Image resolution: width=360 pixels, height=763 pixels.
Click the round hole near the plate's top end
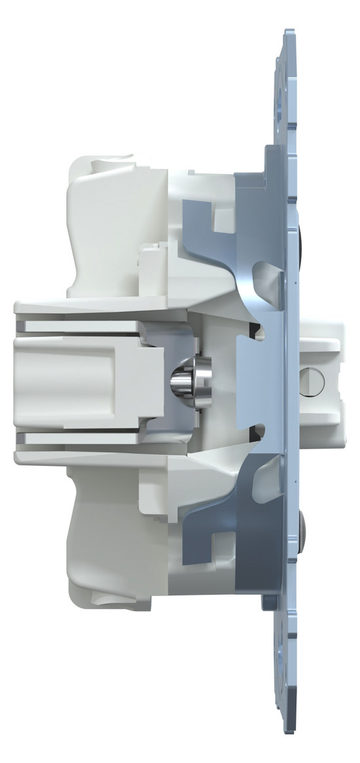[x=283, y=86]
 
